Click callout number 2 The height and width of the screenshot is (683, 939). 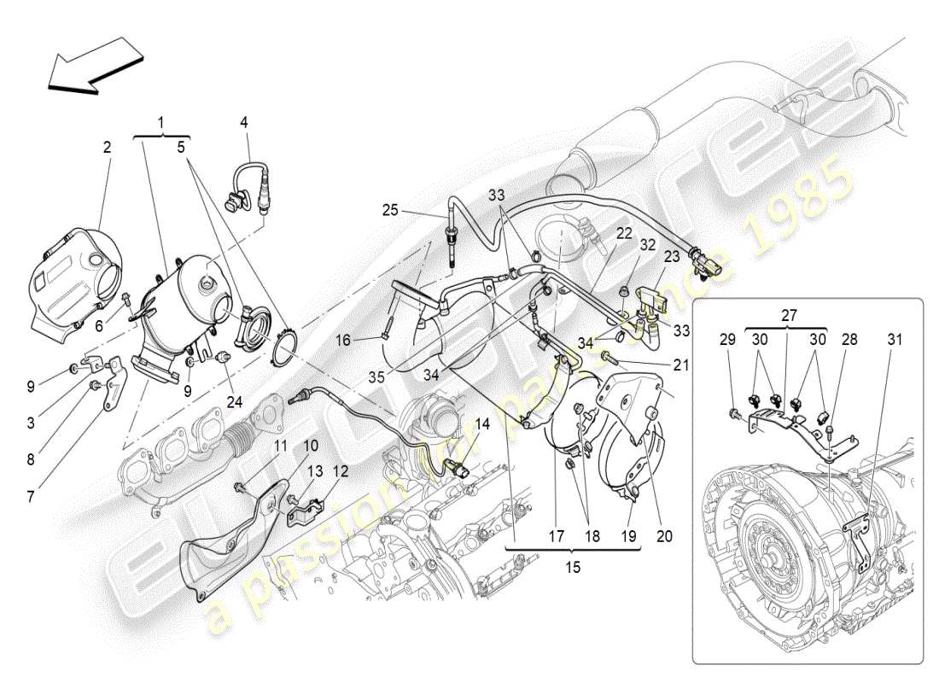(107, 147)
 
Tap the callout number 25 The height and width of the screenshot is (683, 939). (391, 209)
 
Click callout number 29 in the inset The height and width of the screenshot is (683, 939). (726, 339)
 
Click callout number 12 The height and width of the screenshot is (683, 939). (341, 470)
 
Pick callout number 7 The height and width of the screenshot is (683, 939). (31, 496)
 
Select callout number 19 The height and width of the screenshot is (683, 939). (630, 537)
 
